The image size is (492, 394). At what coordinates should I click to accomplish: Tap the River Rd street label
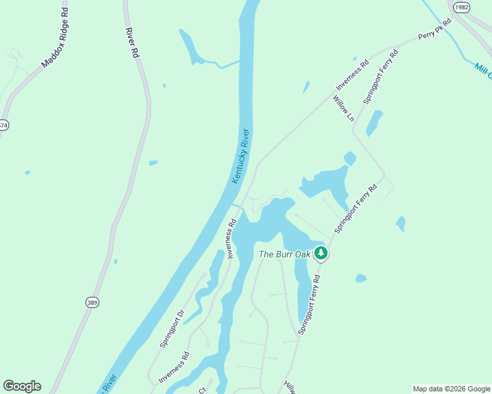(x=132, y=43)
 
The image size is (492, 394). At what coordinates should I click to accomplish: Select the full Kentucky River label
(x=241, y=156)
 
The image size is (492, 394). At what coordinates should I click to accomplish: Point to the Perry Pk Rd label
(x=435, y=31)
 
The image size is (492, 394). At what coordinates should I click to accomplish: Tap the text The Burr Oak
(x=284, y=254)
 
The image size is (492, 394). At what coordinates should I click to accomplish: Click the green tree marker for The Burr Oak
(x=320, y=253)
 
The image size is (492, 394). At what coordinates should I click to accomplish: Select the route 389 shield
(x=92, y=302)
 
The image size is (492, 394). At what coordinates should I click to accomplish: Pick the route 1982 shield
(x=462, y=6)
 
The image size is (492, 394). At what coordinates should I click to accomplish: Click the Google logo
(x=22, y=386)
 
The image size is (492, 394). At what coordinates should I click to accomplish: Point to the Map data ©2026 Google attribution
(x=451, y=389)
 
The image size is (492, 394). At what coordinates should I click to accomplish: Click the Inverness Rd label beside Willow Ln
(x=353, y=75)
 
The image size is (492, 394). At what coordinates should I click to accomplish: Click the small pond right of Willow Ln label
(x=374, y=123)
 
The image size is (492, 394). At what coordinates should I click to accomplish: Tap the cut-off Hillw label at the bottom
(x=288, y=387)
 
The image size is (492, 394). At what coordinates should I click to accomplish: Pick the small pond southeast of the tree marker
(x=360, y=278)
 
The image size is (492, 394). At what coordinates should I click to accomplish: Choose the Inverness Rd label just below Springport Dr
(x=174, y=368)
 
